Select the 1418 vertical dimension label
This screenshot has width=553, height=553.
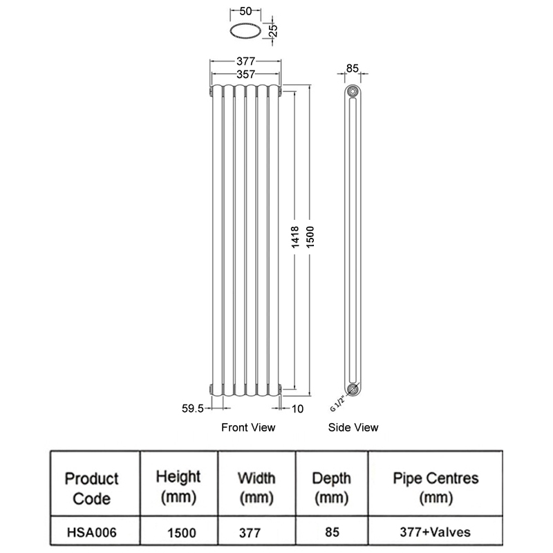tap(295, 237)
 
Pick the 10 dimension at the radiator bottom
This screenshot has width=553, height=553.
tap(298, 409)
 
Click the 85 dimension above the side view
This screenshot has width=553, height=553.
tap(353, 68)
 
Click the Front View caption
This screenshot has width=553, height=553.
tap(248, 427)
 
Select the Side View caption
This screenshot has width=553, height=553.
tap(353, 427)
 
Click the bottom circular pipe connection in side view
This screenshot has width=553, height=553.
tap(353, 389)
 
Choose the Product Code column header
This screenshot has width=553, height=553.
tap(91, 488)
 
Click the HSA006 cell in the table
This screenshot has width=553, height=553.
tap(91, 532)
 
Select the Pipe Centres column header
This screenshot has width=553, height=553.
tap(435, 488)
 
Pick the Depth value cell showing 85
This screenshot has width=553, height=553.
tap(332, 532)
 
